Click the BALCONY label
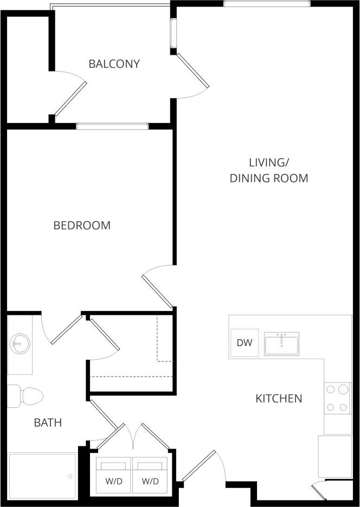[x=114, y=64]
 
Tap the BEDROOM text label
[x=82, y=225]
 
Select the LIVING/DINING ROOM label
[x=269, y=170]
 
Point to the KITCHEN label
[x=279, y=399]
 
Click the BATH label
[x=48, y=422]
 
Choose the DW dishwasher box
[x=243, y=343]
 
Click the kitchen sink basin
[x=281, y=343]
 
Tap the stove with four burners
[x=337, y=398]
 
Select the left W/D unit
[x=113, y=476]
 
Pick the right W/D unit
[x=150, y=476]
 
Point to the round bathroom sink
[x=20, y=343]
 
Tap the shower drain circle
[x=70, y=476]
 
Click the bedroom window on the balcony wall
[x=112, y=127]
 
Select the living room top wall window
[x=267, y=4]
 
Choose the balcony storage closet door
[x=70, y=98]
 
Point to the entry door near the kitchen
[x=199, y=466]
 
